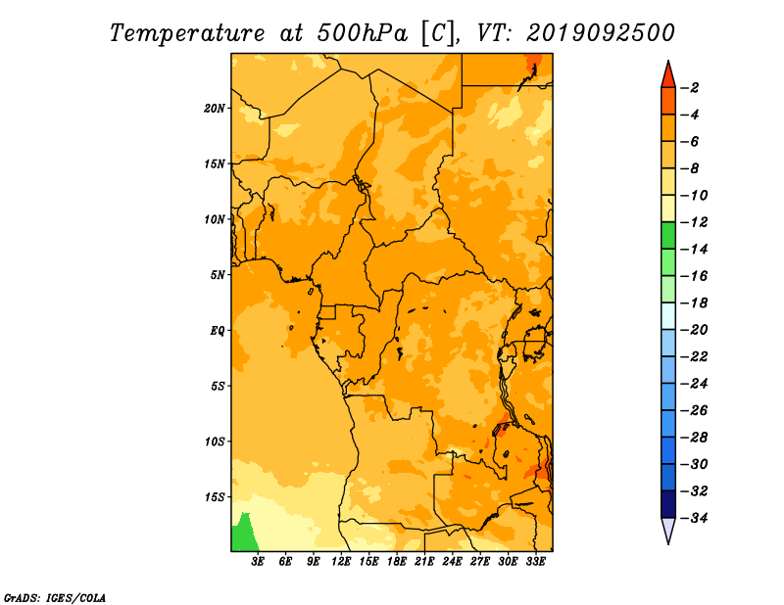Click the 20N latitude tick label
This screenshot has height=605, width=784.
coord(215,109)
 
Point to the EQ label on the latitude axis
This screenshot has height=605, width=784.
coord(218,331)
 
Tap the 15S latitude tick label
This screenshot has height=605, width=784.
coord(215,497)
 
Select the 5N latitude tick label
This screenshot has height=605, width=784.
coord(218,275)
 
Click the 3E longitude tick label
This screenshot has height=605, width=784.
coord(258,561)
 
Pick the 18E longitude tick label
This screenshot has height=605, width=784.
coord(397,561)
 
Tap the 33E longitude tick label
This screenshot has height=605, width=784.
coord(535,561)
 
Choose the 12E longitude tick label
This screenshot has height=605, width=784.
coord(341,561)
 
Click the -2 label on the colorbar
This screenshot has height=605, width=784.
coord(691,88)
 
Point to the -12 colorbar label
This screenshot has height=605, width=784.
coord(695,222)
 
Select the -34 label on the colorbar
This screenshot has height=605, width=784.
coord(695,518)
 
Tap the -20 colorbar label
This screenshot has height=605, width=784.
coord(695,330)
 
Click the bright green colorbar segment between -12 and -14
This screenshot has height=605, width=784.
coord(668,236)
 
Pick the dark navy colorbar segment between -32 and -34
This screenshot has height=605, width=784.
coord(668,504)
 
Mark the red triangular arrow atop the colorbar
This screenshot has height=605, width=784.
coord(668,75)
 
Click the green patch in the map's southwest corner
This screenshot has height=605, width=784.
coord(244,535)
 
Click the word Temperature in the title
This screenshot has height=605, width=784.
coord(187,33)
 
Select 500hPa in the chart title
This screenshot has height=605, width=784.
coord(363,33)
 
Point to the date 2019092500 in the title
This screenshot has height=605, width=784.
coord(601,33)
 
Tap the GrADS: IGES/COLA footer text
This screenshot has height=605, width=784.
coord(55,597)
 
